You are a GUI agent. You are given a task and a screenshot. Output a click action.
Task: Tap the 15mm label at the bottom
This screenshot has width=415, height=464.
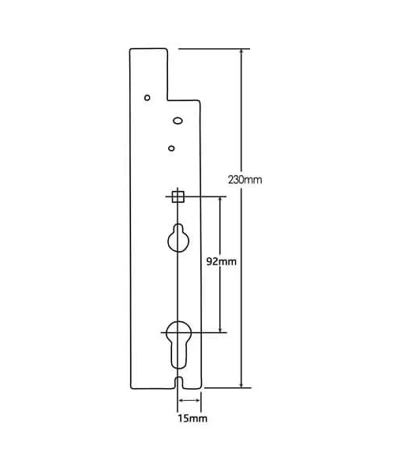(193, 417)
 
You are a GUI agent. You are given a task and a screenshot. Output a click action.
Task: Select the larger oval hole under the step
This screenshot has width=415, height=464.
(178, 121)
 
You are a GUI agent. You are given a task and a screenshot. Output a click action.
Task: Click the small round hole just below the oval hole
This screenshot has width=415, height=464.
(171, 148)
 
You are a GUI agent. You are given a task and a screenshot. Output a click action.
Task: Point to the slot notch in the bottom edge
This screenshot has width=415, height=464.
(179, 384)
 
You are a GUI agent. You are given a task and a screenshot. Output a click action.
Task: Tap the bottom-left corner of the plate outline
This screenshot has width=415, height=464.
(130, 388)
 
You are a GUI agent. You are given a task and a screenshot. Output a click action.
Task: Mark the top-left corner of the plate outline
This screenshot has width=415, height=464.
(131, 50)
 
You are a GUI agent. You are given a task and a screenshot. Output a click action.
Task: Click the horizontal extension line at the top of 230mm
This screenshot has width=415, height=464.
(213, 49)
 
